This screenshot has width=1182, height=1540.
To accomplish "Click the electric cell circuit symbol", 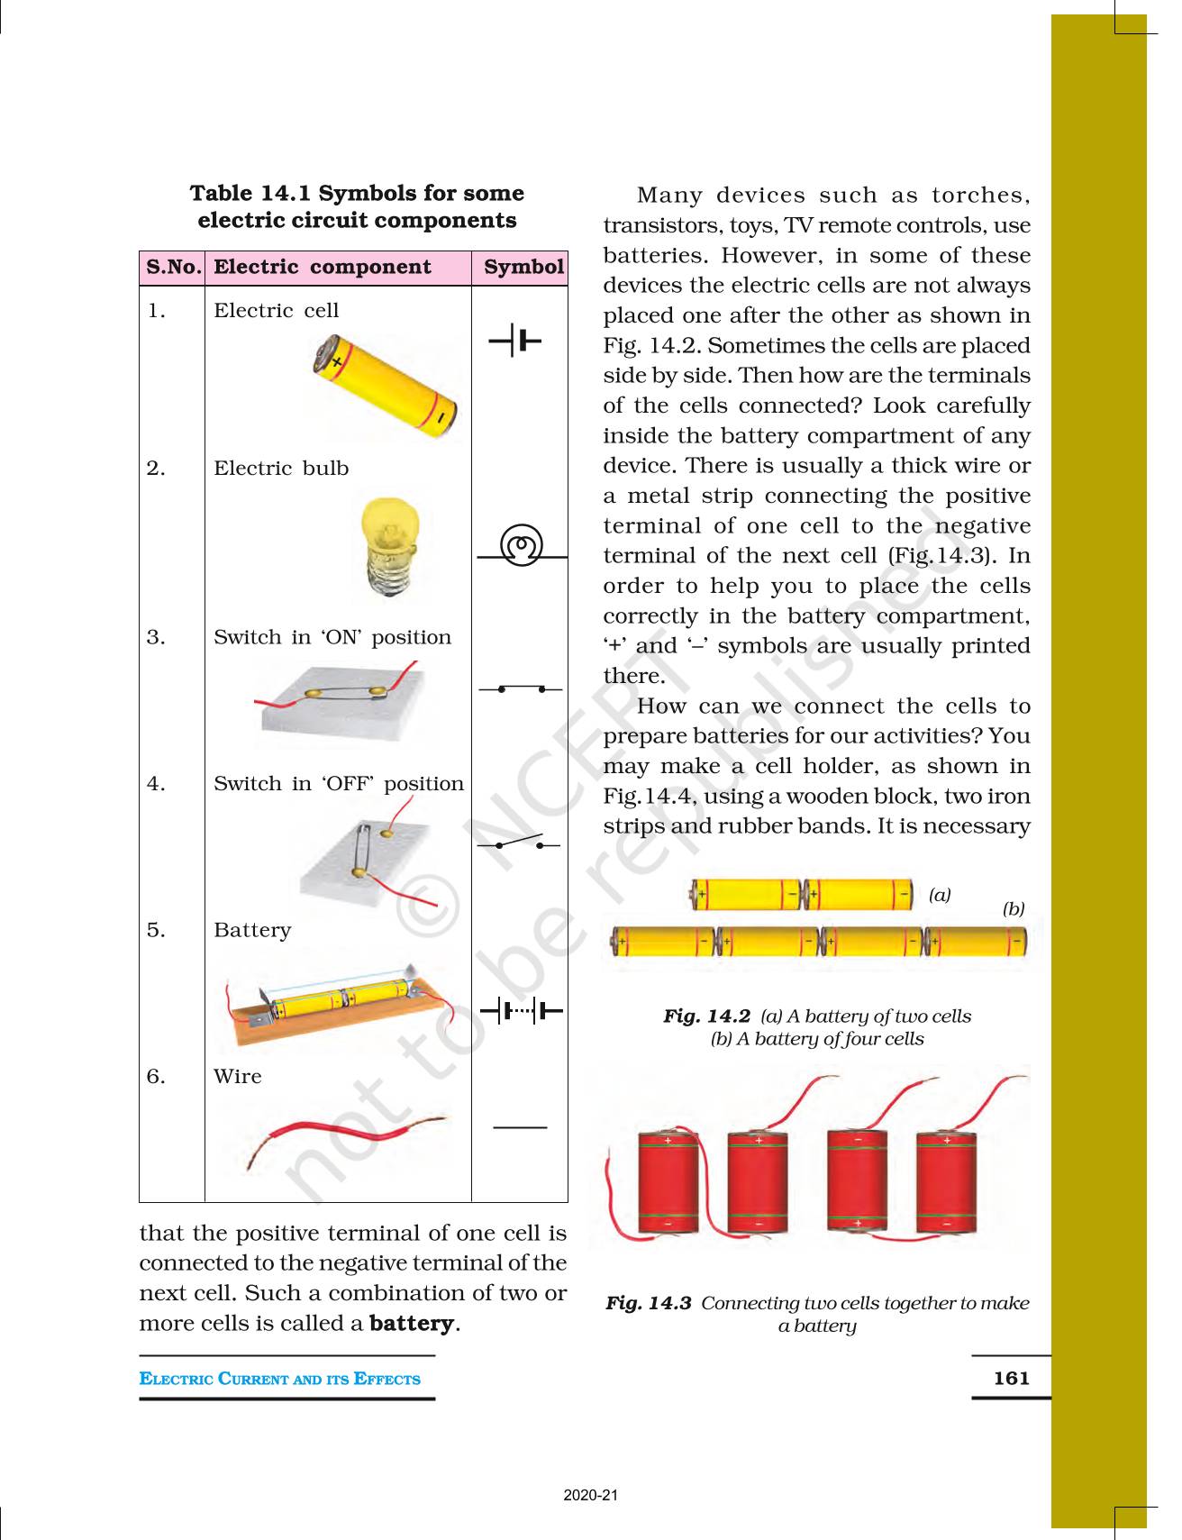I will pos(515,342).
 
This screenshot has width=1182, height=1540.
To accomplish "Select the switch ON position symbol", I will pos(521,689).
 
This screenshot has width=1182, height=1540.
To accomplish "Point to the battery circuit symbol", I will pos(522,1011).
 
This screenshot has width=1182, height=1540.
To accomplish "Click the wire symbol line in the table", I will pos(520,1127).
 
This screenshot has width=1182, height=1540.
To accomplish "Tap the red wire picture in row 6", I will pos(347,1140).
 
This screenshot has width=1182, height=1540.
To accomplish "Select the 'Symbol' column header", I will pos(523,267).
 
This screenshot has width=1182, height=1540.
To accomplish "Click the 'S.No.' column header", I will pos(174,267).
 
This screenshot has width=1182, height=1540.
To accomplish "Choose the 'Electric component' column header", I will pos(323,267).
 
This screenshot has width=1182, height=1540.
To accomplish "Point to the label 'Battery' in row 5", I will pos(252,930).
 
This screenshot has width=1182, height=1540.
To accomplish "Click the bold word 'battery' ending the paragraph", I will pos(412,1323).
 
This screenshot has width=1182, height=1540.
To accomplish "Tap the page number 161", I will pos(1011,1378).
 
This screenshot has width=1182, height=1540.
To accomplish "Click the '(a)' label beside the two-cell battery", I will pos(940,895).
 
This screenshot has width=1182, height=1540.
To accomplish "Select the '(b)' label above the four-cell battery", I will pos(1014,908).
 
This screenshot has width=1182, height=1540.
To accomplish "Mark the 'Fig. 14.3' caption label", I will pos(648,1303).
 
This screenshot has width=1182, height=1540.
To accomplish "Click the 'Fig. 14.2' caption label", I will pos(706,1016).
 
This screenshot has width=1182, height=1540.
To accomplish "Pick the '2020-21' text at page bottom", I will pos(591,1495).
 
